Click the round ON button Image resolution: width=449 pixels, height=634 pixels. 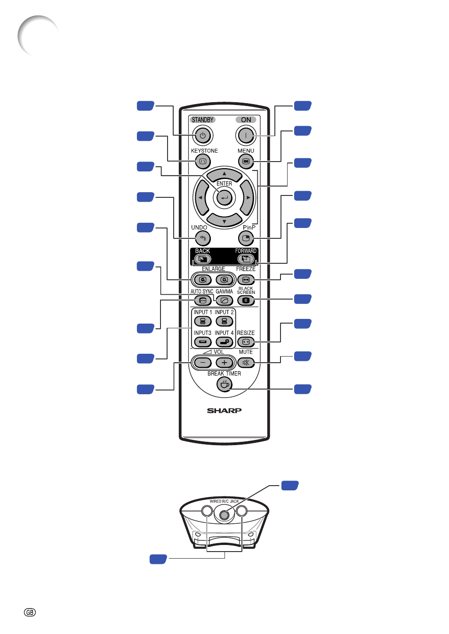click(x=246, y=136)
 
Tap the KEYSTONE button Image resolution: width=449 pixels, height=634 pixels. click(x=203, y=162)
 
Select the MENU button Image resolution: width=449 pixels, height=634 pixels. click(x=246, y=162)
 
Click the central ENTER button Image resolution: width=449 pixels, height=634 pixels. click(x=224, y=197)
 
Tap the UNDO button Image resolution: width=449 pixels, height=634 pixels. click(x=203, y=238)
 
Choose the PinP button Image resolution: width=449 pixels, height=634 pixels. click(x=246, y=238)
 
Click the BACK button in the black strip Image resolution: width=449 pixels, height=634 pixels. click(x=203, y=259)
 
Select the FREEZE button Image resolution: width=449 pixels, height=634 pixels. click(x=246, y=280)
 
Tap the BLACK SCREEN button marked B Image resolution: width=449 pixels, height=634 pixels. click(x=246, y=301)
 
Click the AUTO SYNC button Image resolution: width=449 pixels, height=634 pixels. click(x=203, y=301)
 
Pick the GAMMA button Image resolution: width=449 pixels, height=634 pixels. click(x=224, y=301)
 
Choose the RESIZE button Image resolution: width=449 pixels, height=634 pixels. click(x=246, y=342)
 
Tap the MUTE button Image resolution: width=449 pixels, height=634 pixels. click(x=246, y=363)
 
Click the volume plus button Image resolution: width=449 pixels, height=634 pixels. click(x=224, y=363)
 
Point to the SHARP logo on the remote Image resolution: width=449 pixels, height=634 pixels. click(x=224, y=410)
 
